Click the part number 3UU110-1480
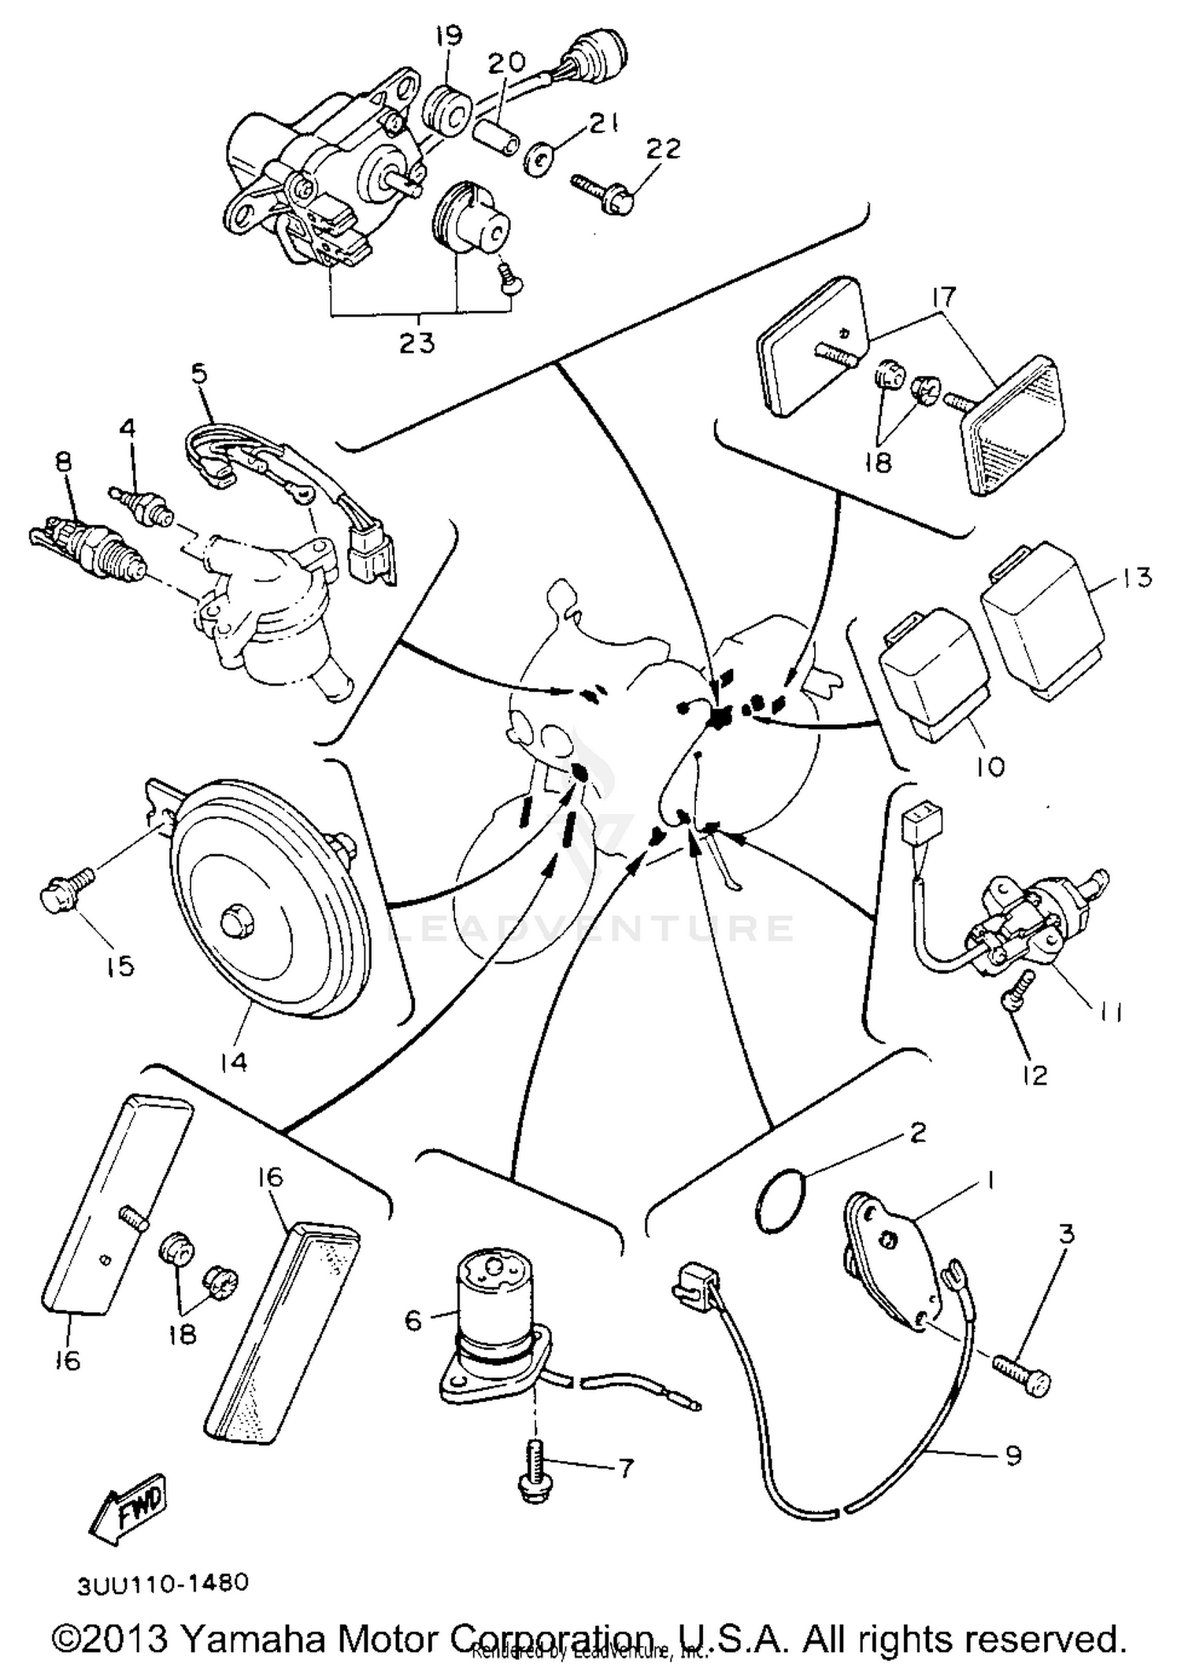pyautogui.click(x=163, y=1582)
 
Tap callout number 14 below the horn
pyautogui.click(x=234, y=1062)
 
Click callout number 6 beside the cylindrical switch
pyautogui.click(x=414, y=1319)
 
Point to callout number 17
pyautogui.click(x=943, y=297)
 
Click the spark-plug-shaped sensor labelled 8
pyautogui.click(x=87, y=546)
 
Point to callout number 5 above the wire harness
pyautogui.click(x=199, y=373)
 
